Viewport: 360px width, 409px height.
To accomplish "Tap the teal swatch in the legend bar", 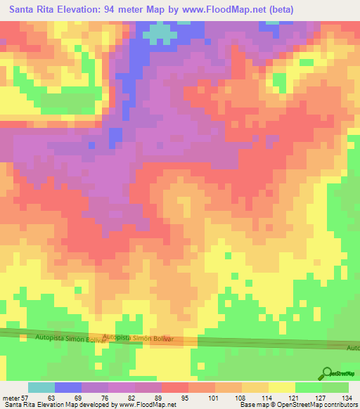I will click(x=41, y=387).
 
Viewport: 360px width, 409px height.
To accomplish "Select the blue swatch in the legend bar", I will click(x=68, y=387).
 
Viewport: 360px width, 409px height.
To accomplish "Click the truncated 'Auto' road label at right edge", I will click(x=353, y=348).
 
